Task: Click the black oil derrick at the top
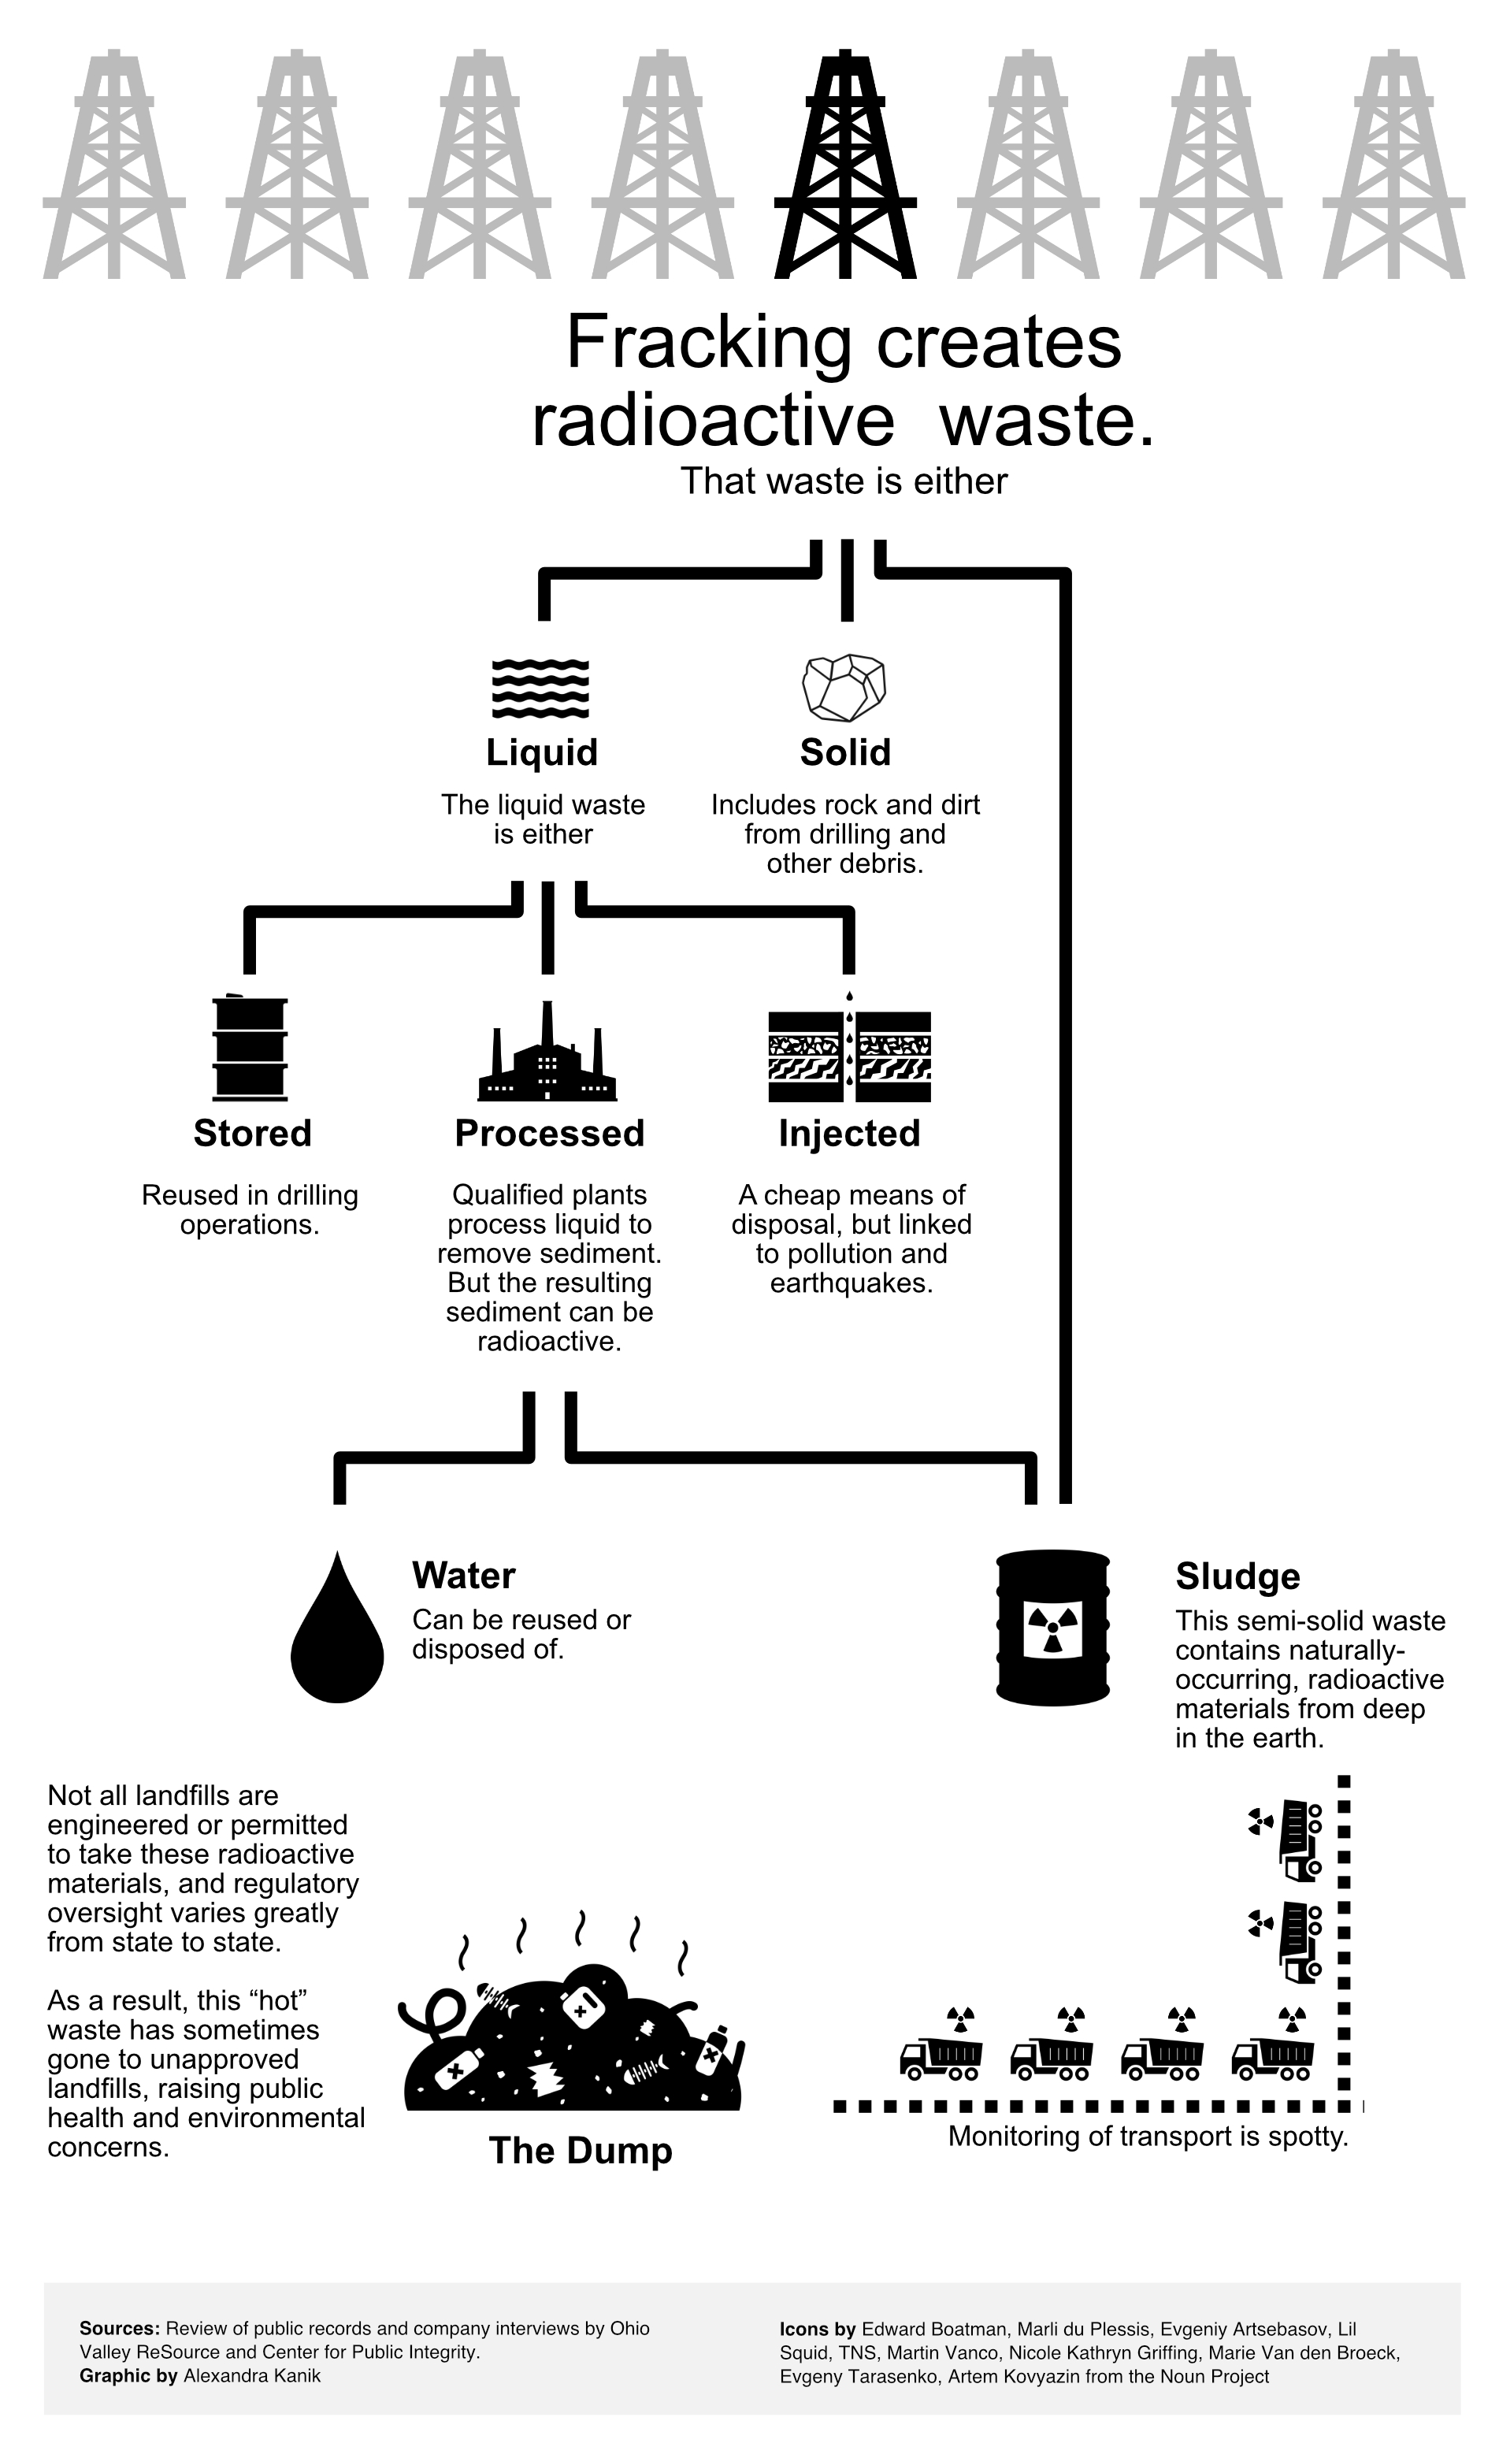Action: coord(844,165)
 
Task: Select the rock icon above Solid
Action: coord(844,687)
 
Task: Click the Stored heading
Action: coord(252,1133)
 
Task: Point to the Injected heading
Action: coord(848,1133)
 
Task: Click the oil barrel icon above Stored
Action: coord(250,1049)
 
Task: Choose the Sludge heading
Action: coord(1237,1576)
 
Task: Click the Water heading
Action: coord(464,1575)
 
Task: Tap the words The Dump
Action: coord(581,2150)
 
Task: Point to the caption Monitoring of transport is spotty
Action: coord(1147,2136)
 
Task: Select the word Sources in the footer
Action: coord(119,2328)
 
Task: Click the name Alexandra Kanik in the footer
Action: coord(251,2375)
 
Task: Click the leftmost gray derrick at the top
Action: coord(113,165)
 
